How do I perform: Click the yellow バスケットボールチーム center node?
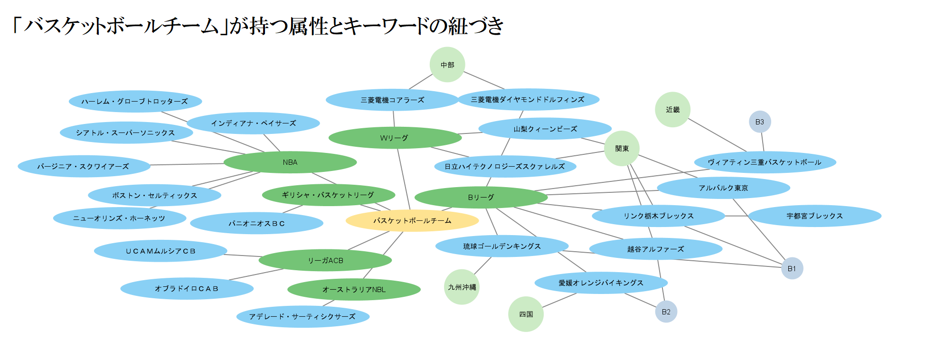(x=412, y=221)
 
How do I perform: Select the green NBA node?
(x=290, y=162)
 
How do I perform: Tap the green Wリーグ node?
(x=395, y=138)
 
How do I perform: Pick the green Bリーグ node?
(x=481, y=197)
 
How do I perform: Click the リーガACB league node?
(x=325, y=260)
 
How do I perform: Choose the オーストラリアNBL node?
(x=354, y=289)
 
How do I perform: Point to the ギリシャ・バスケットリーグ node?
(x=328, y=195)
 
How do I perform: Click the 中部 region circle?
(x=447, y=65)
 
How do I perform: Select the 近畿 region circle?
(x=672, y=110)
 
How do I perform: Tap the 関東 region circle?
(x=622, y=149)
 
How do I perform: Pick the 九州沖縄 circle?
(x=462, y=287)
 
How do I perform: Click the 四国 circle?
(x=526, y=314)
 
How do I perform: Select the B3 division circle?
(x=759, y=122)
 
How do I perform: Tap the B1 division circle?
(x=792, y=268)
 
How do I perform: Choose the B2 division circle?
(x=666, y=312)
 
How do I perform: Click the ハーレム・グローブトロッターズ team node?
(x=135, y=101)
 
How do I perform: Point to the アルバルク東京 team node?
(x=723, y=188)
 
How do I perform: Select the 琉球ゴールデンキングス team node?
(x=502, y=246)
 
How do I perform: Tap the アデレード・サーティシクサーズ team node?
(x=302, y=316)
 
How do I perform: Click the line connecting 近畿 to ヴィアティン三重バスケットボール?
(x=717, y=135)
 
